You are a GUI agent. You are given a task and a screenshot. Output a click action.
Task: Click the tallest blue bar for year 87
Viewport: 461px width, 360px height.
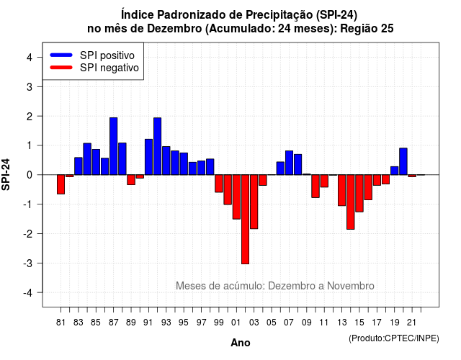point(114,146)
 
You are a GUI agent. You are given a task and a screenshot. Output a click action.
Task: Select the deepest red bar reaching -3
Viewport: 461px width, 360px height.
point(245,219)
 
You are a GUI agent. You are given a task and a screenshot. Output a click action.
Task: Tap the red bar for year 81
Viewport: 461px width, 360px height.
point(61,184)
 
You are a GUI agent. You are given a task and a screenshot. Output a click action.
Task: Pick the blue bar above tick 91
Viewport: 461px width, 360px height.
point(149,157)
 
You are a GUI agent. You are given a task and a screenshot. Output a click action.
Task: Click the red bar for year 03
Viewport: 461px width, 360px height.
point(254,202)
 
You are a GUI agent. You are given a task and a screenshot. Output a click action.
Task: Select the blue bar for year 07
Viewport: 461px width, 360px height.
point(290,163)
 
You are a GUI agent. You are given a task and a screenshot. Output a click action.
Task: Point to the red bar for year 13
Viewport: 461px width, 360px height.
point(341,190)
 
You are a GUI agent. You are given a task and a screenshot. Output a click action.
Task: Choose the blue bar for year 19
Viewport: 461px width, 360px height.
point(395,171)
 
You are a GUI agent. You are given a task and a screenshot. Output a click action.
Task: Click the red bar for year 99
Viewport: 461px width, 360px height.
point(219,184)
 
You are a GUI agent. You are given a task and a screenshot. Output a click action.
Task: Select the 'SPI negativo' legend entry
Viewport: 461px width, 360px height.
point(94,68)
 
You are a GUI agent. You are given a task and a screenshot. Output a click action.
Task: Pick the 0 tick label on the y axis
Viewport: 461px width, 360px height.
point(30,175)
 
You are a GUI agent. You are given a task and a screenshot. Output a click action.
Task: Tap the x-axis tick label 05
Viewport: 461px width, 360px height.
point(272,323)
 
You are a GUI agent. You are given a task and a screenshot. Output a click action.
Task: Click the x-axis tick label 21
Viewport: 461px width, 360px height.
point(412,323)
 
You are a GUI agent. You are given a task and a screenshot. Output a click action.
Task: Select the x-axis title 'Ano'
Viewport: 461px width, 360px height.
point(241,343)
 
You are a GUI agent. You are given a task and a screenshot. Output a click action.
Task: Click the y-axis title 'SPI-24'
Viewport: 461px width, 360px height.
point(6,174)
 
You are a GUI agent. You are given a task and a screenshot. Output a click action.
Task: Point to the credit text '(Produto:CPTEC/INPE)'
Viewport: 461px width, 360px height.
point(394,338)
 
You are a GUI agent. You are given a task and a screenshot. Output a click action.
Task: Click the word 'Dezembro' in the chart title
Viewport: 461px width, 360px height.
point(174,29)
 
